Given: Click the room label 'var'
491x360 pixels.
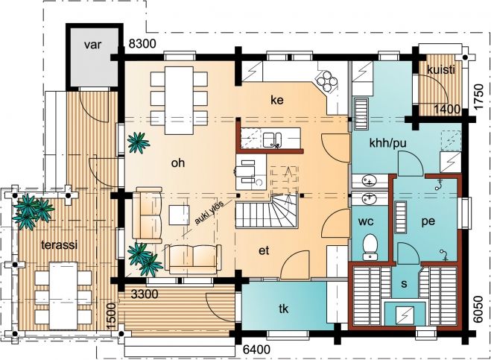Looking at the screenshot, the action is (93, 45).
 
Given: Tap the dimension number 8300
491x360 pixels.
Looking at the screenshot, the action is (142, 44).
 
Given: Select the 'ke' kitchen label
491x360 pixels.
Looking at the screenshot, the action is (277, 100).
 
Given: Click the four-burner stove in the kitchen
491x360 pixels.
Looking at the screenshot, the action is (327, 80).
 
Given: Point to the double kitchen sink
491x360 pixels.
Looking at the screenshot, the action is (272, 139).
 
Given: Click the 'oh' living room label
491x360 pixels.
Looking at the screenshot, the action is (178, 163).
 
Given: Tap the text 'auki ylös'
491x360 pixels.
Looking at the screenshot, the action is (209, 213).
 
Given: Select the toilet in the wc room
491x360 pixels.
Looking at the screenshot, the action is (371, 247).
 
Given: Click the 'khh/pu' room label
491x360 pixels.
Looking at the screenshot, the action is (387, 144).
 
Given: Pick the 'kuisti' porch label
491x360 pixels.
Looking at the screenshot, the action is (441, 70).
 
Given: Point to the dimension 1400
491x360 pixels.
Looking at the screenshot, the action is (447, 110).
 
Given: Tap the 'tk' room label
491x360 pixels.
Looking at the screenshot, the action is (283, 309).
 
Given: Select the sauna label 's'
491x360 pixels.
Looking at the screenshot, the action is (404, 284).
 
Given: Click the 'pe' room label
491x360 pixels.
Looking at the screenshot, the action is (428, 221).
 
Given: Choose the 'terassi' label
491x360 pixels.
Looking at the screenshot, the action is (59, 244).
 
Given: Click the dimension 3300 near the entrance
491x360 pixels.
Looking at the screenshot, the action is (145, 294).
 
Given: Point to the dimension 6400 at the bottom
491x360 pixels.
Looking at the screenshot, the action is (256, 349).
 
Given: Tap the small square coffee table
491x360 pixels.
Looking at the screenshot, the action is (179, 215).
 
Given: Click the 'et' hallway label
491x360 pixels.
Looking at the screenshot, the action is (264, 250).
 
